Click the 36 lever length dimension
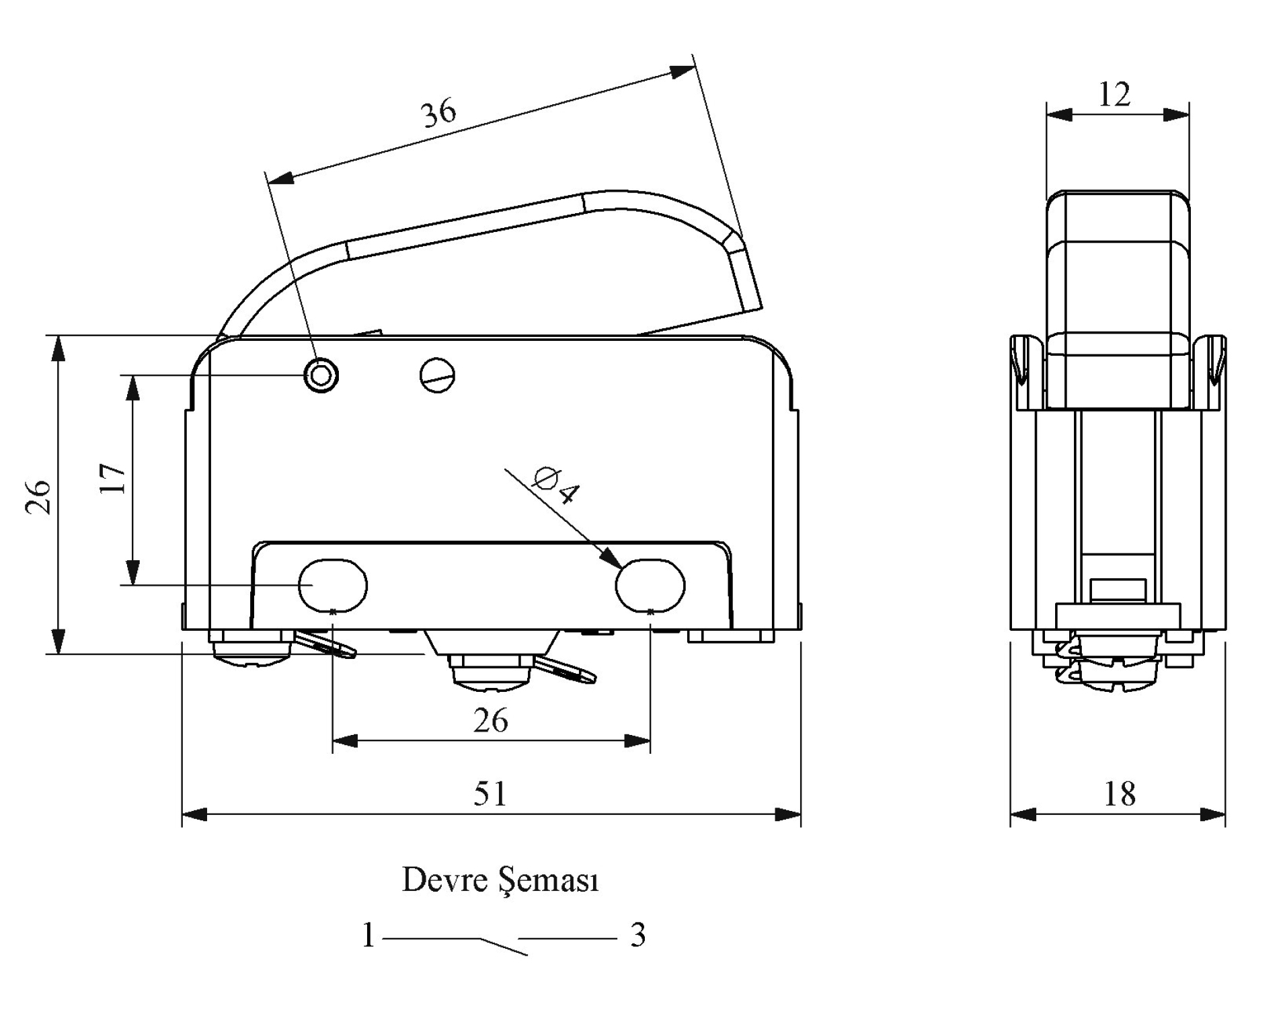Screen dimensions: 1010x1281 point(439,112)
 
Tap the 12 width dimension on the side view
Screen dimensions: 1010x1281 point(1114,95)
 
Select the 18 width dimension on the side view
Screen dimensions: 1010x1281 point(1120,794)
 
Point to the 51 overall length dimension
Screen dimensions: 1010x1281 point(490,793)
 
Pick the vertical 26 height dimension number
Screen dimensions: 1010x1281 point(39,498)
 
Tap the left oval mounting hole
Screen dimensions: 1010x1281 point(333,585)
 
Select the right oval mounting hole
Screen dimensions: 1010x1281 point(650,585)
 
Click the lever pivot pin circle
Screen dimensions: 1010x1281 point(321,375)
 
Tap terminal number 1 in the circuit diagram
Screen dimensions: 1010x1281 point(368,935)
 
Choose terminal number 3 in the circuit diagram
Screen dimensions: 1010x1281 point(637,935)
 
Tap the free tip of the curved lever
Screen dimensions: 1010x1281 point(753,307)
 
